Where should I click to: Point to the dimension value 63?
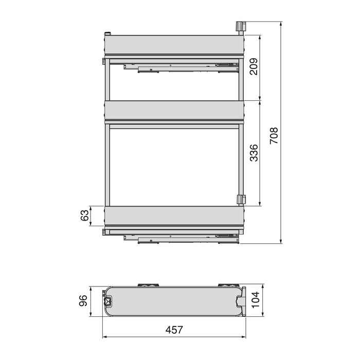[85, 215]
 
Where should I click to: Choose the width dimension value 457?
[173, 330]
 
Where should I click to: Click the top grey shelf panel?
[172, 45]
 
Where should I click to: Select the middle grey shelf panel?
[172, 110]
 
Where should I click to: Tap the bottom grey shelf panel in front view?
[172, 215]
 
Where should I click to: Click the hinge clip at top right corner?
[239, 27]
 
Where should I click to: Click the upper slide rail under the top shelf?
[175, 67]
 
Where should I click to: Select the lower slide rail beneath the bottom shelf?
[175, 237]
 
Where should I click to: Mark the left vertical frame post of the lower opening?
[106, 165]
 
